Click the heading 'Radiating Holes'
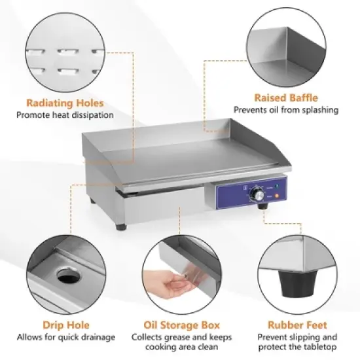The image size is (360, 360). (x=65, y=103)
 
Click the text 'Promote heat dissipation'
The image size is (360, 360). (x=65, y=115)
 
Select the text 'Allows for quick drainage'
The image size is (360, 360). (x=65, y=337)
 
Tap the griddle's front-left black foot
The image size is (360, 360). (x=122, y=226)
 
